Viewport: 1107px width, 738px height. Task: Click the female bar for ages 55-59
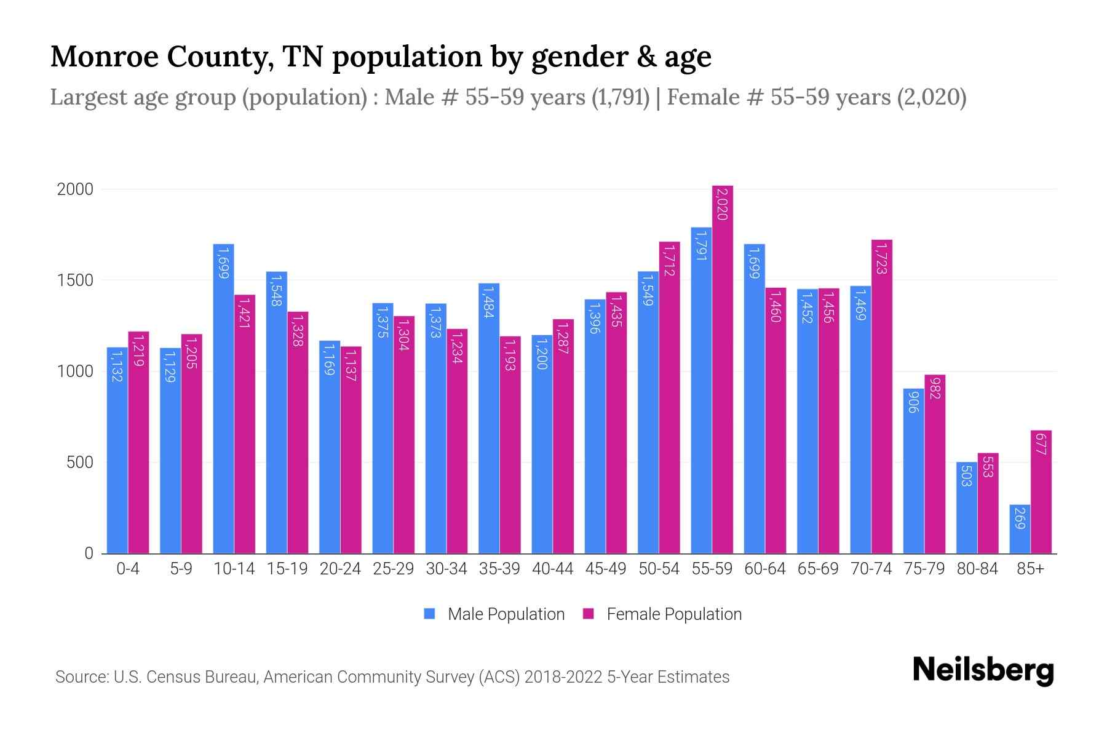(723, 369)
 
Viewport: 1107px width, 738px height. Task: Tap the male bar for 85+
(1020, 529)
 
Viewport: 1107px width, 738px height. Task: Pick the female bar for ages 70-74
(882, 397)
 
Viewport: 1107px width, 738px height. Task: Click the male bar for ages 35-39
(489, 418)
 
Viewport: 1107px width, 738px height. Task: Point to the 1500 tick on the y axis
(75, 280)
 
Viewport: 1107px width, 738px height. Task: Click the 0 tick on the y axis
(89, 553)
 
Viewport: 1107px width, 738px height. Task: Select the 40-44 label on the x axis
(552, 569)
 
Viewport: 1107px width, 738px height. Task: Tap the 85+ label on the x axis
(1030, 569)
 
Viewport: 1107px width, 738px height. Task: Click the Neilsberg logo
(983, 670)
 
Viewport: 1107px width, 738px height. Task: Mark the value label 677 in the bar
(1041, 444)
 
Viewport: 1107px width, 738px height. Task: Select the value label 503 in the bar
(966, 476)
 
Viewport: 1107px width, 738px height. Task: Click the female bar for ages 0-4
(138, 443)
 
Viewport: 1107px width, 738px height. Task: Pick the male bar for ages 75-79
(913, 471)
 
